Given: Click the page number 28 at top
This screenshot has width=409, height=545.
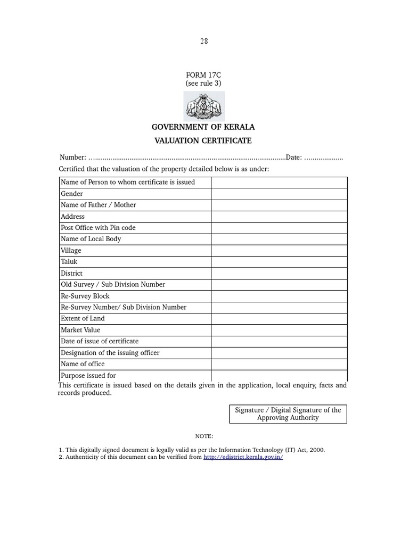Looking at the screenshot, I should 204,42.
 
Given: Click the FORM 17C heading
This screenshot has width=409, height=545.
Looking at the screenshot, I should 203,75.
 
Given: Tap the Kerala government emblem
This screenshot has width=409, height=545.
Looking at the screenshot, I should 204,106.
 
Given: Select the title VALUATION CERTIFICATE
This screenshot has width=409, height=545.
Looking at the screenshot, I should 203,141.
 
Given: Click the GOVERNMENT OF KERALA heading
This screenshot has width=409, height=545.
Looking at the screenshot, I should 203,127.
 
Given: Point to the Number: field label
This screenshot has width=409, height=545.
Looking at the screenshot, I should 73,158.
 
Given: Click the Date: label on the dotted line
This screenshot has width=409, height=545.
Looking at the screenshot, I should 294,158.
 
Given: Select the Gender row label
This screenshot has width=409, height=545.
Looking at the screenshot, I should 72,194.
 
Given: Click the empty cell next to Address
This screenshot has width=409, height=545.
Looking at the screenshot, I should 279,217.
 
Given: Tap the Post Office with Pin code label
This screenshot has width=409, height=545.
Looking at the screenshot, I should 98,228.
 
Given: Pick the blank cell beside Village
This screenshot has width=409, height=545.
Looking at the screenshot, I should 279,251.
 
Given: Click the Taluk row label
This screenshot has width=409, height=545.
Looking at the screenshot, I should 69,262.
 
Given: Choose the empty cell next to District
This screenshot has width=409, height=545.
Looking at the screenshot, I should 279,274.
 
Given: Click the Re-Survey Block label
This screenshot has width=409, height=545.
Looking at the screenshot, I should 85,296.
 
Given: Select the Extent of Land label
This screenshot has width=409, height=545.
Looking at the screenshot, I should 83,318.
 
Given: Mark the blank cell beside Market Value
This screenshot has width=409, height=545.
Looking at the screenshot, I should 279,330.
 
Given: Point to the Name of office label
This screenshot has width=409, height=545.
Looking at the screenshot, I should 83,364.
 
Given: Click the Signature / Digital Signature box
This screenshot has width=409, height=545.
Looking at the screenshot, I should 288,414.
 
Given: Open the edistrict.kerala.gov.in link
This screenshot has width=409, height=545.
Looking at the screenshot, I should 243,457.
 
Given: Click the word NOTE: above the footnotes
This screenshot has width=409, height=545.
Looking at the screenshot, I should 204,436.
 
